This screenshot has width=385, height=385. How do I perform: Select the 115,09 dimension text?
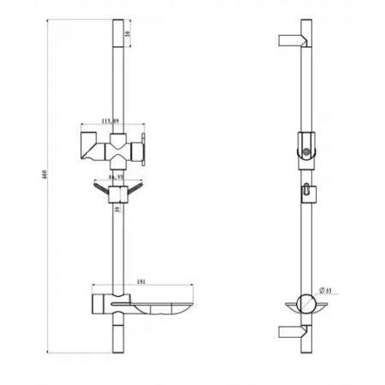coord(111,121)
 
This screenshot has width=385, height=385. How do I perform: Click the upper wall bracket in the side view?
coord(291,40)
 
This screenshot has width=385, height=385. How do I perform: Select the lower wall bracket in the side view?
coord(291,333)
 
